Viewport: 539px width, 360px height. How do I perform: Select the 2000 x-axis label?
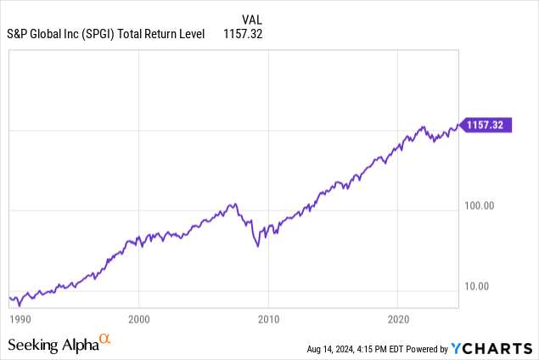(139, 319)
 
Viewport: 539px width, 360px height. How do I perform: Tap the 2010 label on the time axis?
(269, 319)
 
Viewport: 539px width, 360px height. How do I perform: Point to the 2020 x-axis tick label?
(398, 319)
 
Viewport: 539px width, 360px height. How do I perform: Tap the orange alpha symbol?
(105, 340)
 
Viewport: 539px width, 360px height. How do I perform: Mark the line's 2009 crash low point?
(259, 246)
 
